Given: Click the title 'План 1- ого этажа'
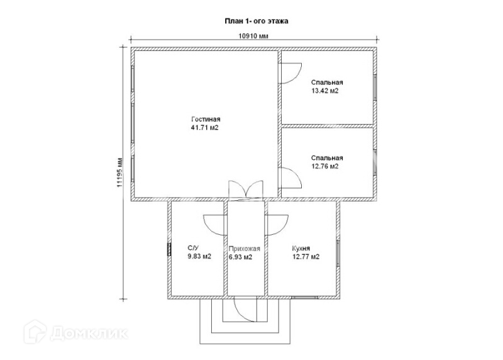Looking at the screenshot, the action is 257,21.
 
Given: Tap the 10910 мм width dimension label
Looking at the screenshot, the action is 253,37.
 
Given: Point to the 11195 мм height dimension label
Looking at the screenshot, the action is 119,172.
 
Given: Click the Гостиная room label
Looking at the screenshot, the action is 206,120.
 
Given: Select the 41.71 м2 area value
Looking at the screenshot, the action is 206,128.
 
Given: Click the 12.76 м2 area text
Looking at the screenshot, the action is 325,167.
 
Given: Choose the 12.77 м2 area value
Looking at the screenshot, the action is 306,257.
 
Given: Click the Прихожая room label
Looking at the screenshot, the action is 245,249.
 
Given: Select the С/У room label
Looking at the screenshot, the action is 194,249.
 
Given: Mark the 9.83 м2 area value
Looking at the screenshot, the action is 199,257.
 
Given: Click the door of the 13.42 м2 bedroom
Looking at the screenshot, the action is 290,71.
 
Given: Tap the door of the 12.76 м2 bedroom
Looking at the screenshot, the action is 290,178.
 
